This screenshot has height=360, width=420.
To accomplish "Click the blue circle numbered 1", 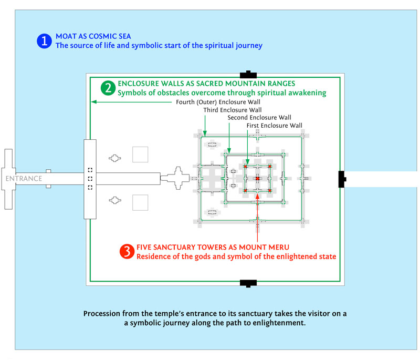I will point(44,41).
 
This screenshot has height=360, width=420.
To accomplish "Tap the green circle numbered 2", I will point(107,88).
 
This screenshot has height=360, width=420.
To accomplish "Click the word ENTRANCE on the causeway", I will point(24,179).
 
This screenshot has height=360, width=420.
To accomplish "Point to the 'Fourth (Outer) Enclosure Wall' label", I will point(217,102).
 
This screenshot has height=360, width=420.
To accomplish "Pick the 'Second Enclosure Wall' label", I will point(259,118).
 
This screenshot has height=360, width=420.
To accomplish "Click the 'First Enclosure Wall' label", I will point(275,126).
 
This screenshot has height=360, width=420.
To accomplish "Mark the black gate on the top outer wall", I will point(248,74).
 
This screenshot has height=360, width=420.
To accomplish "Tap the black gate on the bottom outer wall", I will point(248,283).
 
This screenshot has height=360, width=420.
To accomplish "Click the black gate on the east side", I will point(341,179).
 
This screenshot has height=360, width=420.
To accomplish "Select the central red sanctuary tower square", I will point(258,179).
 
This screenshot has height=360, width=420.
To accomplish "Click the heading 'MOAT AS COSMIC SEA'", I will point(93,36).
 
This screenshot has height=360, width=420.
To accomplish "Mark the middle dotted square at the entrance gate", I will point(90,179).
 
